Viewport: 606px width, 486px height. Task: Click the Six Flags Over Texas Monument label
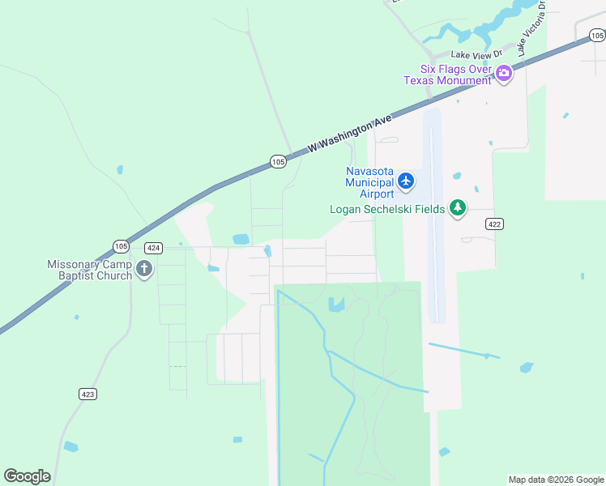[448, 75]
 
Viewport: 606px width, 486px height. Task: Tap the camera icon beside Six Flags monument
[504, 75]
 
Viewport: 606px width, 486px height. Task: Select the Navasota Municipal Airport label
[369, 182]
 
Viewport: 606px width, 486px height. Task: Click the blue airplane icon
[407, 182]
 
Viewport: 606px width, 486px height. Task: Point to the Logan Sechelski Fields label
[387, 209]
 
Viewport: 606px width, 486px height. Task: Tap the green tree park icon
[459, 209]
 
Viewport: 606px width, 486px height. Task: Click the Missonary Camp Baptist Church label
[89, 270]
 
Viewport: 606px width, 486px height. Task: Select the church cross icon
[144, 270]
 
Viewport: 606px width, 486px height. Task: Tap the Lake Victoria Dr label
[532, 28]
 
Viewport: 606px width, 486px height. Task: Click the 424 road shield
[153, 248]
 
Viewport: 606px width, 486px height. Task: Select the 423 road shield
[88, 394]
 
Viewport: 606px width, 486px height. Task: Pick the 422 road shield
[496, 224]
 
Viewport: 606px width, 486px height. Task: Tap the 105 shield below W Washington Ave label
[278, 162]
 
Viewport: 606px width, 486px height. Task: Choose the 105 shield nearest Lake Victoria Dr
[596, 35]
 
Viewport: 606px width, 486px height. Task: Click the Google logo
[27, 476]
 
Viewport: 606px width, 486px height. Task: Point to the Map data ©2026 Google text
[556, 480]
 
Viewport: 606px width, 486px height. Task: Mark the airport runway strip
[435, 219]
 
